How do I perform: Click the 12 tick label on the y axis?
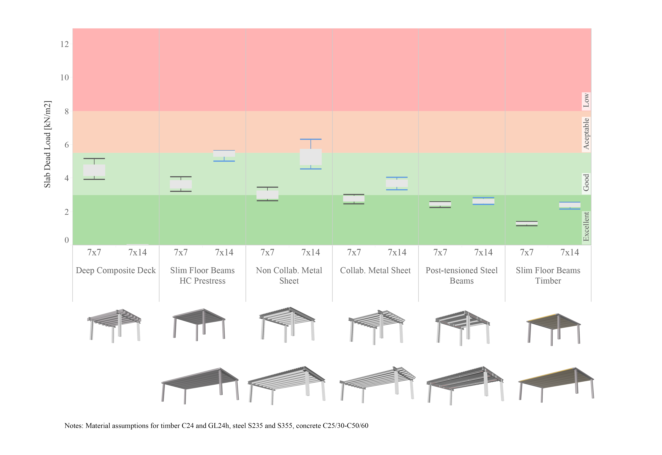[65, 44]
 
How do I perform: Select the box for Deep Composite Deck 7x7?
[94, 170]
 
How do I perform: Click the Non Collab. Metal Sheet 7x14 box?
[311, 157]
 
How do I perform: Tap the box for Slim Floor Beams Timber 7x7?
[527, 223]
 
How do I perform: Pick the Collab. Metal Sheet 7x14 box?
[397, 183]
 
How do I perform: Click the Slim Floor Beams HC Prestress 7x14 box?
[224, 153]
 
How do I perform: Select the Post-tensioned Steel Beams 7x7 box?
[440, 204]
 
